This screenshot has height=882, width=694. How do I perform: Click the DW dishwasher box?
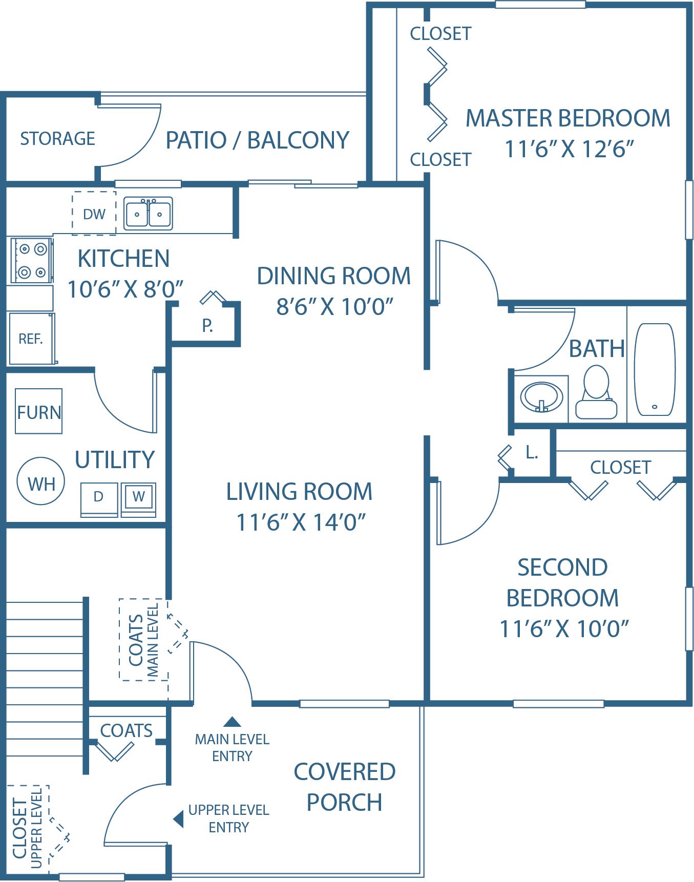(94, 214)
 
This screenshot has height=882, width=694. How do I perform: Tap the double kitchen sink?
(149, 213)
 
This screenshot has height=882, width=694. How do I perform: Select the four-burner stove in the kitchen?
(31, 260)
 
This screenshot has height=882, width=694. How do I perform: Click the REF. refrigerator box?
(32, 339)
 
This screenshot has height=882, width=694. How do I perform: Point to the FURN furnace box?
(39, 411)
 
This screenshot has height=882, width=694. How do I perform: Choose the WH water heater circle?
(41, 481)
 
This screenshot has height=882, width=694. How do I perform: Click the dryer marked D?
(99, 499)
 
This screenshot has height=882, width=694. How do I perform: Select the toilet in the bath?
(596, 392)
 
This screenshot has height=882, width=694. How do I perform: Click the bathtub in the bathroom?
(655, 369)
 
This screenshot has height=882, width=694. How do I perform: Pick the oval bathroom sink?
(541, 397)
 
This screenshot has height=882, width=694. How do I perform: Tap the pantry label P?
(207, 325)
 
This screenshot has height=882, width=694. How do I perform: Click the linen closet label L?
(532, 452)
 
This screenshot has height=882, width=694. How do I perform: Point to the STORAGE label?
(57, 139)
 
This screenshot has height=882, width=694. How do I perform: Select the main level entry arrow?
(233, 722)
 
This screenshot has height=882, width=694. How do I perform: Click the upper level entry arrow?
(179, 818)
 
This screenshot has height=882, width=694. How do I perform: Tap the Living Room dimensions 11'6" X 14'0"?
(301, 522)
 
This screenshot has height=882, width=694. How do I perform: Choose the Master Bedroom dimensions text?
(569, 149)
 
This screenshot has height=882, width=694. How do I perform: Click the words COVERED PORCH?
(345, 787)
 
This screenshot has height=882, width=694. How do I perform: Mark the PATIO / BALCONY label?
(258, 140)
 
